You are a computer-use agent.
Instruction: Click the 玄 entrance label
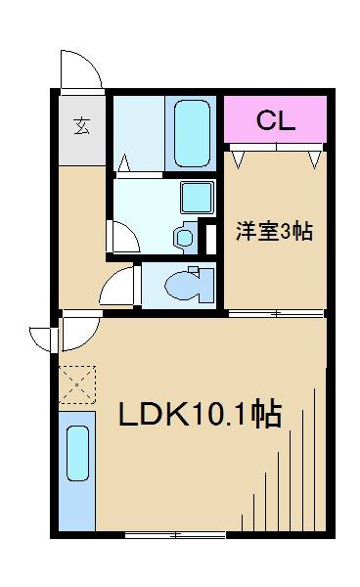point(82,126)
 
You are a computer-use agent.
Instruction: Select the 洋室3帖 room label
point(273,232)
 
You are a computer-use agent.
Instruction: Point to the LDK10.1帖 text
point(200,415)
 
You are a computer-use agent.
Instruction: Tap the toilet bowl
point(185,285)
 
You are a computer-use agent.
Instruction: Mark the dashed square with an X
point(77,384)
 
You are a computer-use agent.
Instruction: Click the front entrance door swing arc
point(80,70)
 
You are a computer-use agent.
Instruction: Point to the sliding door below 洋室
point(276,314)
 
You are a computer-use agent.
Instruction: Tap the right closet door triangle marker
point(314,155)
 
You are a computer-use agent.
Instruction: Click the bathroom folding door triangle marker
point(125,161)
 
